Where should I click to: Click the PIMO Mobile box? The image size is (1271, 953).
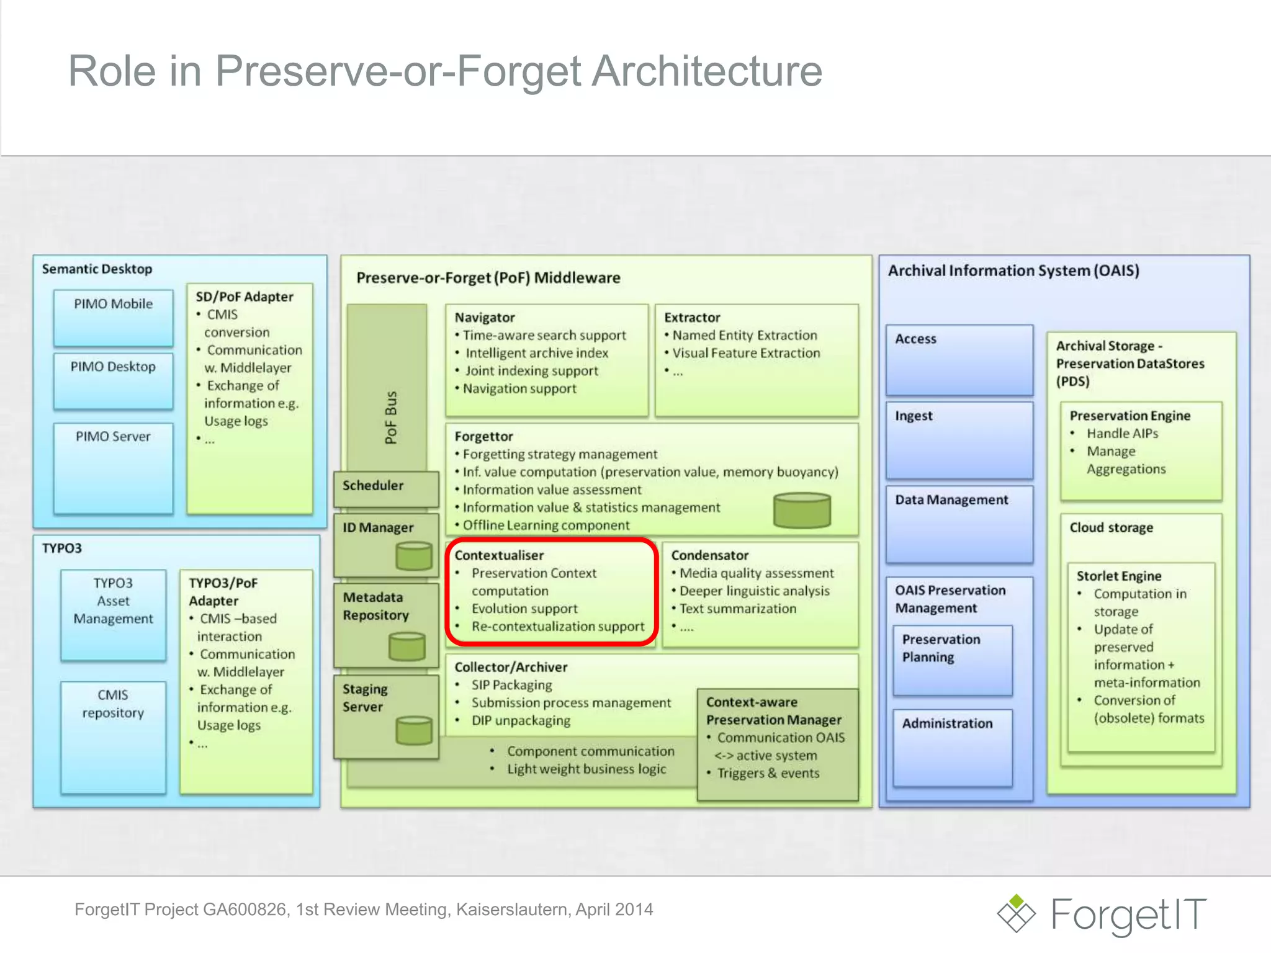(113, 317)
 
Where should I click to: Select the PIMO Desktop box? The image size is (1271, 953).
(113, 380)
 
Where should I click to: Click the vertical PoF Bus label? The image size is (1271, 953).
(390, 417)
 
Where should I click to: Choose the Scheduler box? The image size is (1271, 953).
(385, 486)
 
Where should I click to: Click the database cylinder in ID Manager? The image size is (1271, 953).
(413, 555)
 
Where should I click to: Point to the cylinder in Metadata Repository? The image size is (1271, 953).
(406, 647)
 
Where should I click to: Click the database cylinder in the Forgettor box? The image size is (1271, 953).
(802, 510)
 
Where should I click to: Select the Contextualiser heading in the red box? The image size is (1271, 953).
(499, 555)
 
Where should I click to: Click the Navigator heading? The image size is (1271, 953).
(485, 318)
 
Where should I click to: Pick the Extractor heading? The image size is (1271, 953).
(692, 318)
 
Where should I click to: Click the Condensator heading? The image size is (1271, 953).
(709, 555)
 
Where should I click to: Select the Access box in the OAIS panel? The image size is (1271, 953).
(959, 359)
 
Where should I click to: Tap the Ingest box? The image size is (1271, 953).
(959, 439)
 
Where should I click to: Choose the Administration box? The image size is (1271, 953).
(952, 747)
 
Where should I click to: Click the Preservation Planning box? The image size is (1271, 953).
(952, 659)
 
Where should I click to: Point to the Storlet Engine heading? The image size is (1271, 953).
(1118, 576)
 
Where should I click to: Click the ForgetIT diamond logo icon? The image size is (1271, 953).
(1016, 913)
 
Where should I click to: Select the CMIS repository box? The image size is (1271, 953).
(113, 736)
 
